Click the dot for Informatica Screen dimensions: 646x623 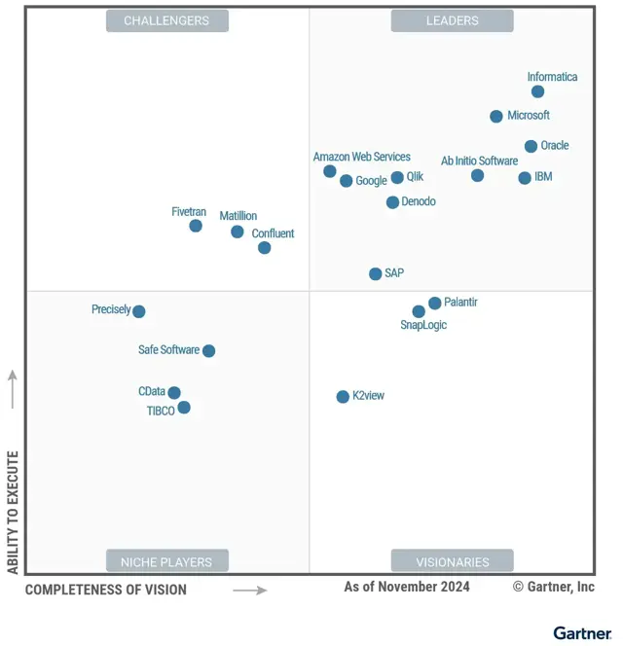point(537,91)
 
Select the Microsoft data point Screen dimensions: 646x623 point(496,117)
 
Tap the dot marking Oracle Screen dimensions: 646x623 point(531,147)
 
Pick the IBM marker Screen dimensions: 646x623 point(525,178)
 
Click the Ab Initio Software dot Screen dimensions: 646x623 point(477,176)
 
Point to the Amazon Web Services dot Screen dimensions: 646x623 point(330,171)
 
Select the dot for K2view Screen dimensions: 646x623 point(343,397)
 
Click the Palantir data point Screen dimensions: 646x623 point(434,304)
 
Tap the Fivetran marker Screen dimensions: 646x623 point(196,226)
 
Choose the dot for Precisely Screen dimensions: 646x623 point(139,311)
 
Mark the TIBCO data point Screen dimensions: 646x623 point(184,408)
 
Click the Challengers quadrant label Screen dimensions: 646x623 point(166,20)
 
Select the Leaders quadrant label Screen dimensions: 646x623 point(452,20)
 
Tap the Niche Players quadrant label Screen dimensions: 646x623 point(166,561)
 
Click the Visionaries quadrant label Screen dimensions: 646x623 point(452,561)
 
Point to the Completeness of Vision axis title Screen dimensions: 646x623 point(106,590)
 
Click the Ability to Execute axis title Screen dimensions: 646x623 point(13,512)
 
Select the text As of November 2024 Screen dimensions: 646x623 point(407,587)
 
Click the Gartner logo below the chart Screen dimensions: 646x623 point(582,633)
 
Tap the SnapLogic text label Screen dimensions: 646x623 point(423,325)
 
